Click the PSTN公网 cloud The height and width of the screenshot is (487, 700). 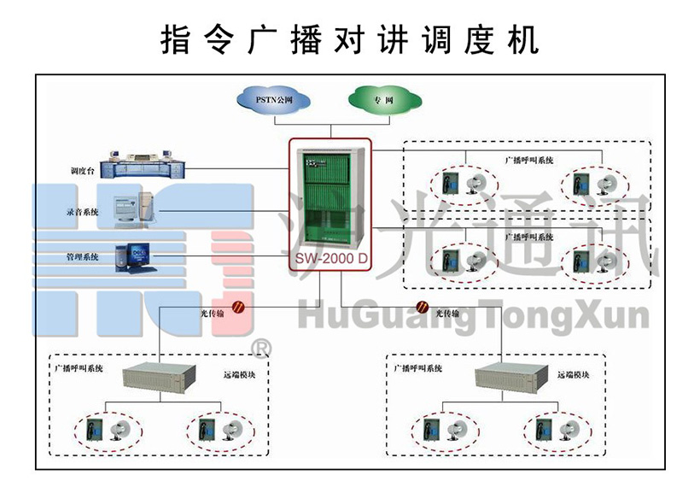(275, 99)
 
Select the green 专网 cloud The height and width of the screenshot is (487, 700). (383, 99)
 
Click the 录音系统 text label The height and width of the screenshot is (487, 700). (82, 211)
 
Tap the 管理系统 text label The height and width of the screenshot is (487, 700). (82, 256)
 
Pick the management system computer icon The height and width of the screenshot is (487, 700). (134, 256)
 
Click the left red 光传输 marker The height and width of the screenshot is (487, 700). (241, 308)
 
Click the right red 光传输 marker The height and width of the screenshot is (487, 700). (422, 308)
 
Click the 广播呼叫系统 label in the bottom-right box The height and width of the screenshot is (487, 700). (418, 368)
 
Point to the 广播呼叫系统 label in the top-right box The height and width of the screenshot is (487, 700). (529, 159)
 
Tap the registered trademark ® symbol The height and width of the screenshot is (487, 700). (261, 348)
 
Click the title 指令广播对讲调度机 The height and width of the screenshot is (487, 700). (350, 39)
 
